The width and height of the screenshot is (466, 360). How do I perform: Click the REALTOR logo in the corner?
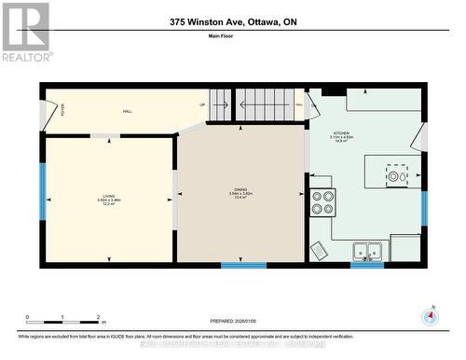click(x=26, y=31)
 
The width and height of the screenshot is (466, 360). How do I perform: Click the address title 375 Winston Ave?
click(x=234, y=21)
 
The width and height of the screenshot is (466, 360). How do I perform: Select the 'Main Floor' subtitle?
click(x=233, y=36)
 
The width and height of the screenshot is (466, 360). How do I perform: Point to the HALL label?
click(x=127, y=111)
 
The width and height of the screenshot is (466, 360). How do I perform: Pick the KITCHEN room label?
click(x=341, y=134)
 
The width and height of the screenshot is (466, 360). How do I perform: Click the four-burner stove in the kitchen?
click(x=322, y=202)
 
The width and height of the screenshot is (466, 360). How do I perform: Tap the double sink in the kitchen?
click(x=366, y=251)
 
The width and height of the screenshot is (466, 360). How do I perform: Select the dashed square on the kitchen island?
click(x=397, y=175)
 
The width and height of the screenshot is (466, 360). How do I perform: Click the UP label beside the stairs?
click(x=202, y=104)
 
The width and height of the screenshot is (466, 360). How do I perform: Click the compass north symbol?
click(x=429, y=314)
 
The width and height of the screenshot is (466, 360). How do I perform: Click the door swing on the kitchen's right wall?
click(x=420, y=137)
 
